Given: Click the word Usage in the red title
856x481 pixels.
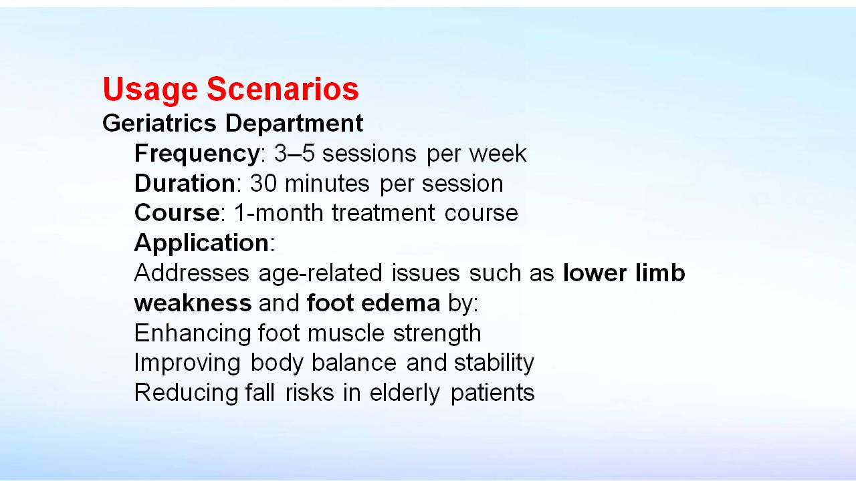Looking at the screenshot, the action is pos(150,90).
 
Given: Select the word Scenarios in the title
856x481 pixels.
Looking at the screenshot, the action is pos(283,89).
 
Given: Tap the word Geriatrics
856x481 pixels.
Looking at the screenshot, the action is pos(159,124).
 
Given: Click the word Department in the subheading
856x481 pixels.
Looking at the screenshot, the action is pos(294,124).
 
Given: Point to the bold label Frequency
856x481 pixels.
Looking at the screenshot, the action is pos(197,154).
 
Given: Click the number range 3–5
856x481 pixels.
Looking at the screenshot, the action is pos(294,154).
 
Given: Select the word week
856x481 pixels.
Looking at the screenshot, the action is pos(498,154).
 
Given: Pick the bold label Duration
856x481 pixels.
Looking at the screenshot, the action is pos(185,183).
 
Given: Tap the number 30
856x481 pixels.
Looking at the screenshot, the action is pos(263,184).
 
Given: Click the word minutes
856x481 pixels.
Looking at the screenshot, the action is pos(327,183).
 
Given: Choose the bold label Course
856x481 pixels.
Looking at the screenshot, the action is pos(177,213).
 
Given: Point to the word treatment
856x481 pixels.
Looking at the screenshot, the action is pos(383,213).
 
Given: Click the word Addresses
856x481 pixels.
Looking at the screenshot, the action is pos(191,273).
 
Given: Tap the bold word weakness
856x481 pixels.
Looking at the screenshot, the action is pos(193,303).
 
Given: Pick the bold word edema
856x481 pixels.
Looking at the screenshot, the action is pos(401,303).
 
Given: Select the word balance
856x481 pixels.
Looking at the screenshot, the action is pos(354,362).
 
